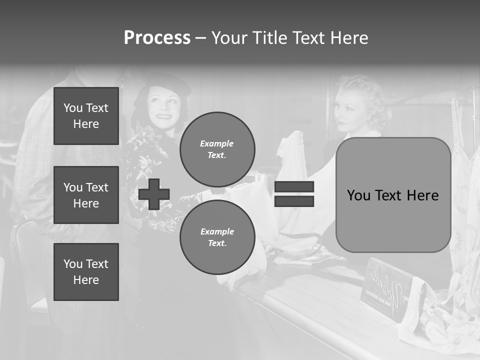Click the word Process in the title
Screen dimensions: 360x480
(157, 38)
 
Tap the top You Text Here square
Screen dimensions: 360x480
(86, 116)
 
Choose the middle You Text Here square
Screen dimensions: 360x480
(86, 195)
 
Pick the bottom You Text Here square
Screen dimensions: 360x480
(86, 271)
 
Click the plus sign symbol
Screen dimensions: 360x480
(154, 194)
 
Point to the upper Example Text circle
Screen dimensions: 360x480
(217, 149)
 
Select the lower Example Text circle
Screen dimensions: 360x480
(217, 237)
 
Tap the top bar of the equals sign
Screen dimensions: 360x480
(294, 187)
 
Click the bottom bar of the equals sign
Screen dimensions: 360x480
(294, 201)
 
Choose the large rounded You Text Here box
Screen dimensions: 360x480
(393, 195)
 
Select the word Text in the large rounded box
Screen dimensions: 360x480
(394, 195)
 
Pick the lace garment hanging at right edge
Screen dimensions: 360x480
(465, 200)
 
